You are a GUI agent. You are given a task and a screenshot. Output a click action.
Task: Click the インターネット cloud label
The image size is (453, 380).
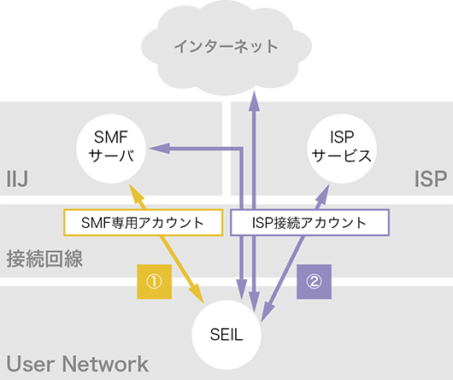(x=226, y=47)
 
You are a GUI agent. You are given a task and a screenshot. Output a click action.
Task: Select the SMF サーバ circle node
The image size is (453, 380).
(x=111, y=149)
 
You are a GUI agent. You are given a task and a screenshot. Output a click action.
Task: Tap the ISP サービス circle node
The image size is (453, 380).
(x=342, y=149)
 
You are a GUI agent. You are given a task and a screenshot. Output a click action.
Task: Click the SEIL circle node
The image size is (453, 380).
(x=226, y=335)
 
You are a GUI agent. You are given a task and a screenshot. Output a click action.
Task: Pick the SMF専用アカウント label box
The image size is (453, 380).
(x=143, y=223)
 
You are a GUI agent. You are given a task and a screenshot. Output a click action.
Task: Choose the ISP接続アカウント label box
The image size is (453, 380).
(x=309, y=223)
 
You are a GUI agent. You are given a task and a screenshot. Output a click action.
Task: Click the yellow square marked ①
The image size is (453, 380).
(x=154, y=282)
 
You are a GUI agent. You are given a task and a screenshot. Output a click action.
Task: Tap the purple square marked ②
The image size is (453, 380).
(x=314, y=282)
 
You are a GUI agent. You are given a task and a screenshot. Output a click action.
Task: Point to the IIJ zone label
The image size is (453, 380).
(x=17, y=178)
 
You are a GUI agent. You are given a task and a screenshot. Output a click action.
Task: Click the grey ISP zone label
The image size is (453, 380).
(x=431, y=178)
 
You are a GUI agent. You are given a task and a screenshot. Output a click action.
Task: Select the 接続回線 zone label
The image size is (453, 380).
(x=44, y=259)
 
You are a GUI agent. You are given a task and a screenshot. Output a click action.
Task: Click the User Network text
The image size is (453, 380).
(x=78, y=364)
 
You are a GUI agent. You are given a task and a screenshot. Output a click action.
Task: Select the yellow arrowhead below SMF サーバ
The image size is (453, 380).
(x=136, y=194)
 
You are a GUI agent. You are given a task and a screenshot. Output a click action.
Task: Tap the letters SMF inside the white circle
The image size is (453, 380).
(x=111, y=137)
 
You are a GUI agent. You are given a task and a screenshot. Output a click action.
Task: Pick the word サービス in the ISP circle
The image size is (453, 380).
(x=342, y=155)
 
